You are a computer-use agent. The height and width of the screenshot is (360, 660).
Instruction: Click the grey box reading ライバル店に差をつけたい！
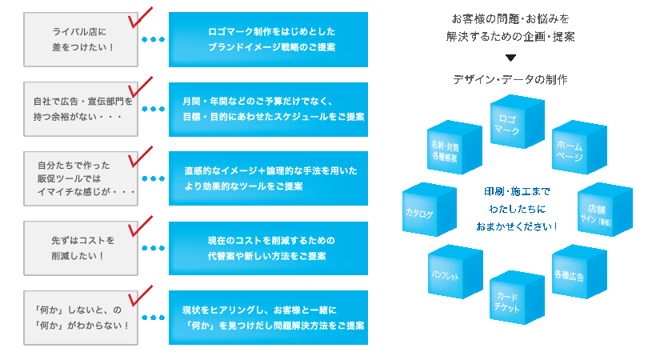(80, 40)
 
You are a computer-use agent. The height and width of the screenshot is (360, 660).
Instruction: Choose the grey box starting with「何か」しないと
(80, 318)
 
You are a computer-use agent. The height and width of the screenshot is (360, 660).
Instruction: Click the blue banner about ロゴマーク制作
(269, 39)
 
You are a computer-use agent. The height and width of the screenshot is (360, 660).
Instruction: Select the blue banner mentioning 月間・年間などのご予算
(269, 109)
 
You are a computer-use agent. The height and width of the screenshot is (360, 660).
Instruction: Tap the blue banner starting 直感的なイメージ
(269, 178)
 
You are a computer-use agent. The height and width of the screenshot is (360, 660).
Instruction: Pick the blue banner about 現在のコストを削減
(269, 248)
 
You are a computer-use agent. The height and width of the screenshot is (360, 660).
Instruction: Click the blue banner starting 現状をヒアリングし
(269, 318)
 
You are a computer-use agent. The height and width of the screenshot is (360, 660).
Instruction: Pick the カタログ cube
(425, 212)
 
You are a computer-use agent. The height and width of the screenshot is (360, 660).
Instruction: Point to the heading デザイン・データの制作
(510, 80)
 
